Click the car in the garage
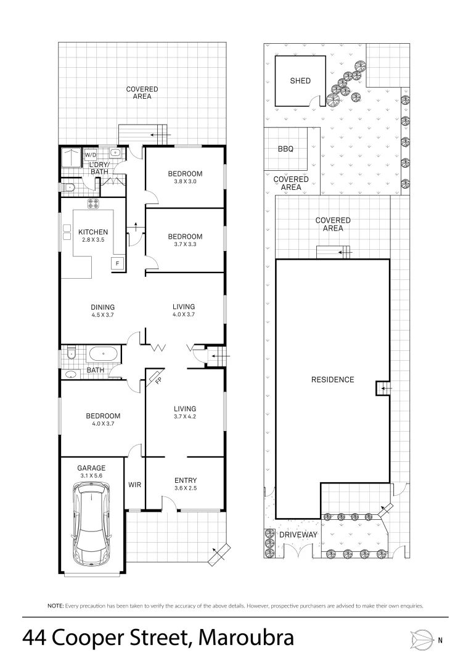[x=92, y=524]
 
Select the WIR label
[x=134, y=485]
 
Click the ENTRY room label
[x=185, y=480]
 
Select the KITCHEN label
[x=93, y=232]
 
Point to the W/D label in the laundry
[x=91, y=155]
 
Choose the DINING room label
[x=103, y=307]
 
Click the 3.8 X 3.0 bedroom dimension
[x=185, y=182]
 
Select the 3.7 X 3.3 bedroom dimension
[x=185, y=245]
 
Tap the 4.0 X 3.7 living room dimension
[x=184, y=315]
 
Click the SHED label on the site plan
[x=300, y=81]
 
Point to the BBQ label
[x=285, y=149]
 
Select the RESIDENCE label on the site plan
[x=333, y=379]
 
